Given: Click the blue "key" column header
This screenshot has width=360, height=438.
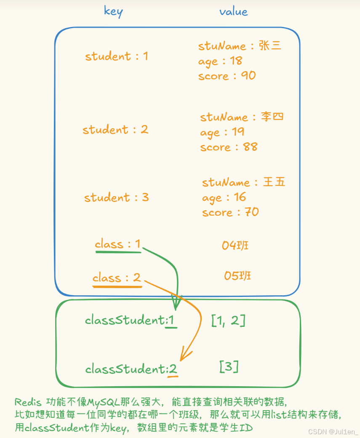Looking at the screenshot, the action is (113, 11).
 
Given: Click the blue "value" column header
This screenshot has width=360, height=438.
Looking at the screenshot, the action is (233, 11).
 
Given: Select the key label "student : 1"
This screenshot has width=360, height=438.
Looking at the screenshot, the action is (117, 56).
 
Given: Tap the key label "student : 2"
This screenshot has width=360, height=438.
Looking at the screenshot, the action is (115, 129).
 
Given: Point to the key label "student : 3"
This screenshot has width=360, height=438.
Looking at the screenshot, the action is (117, 197).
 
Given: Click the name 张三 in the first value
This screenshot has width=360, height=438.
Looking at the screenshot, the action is (270, 46).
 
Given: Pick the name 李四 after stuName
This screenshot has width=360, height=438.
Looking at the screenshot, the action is (272, 117).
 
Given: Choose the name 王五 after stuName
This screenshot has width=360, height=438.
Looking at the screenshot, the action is (274, 182).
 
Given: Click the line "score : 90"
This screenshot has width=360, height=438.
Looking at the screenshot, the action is (227, 76).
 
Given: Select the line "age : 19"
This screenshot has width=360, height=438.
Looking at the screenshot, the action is (222, 132).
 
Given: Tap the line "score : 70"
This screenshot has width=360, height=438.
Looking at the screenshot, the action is (230, 212).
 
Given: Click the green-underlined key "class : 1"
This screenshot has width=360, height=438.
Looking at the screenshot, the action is (117, 244).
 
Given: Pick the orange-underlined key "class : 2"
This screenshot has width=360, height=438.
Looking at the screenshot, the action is (117, 278).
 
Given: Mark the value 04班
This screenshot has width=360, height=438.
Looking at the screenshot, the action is (235, 245).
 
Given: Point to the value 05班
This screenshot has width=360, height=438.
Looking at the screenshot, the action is (237, 276).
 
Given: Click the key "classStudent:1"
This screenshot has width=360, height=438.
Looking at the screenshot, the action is (129, 320).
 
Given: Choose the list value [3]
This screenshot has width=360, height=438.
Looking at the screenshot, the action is (229, 367).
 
